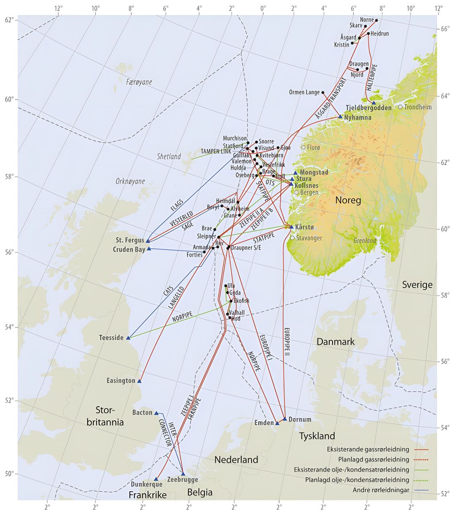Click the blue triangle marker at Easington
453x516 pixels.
[x=139, y=381]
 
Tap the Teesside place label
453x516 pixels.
[x=111, y=338]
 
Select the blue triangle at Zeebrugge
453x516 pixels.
[x=183, y=474]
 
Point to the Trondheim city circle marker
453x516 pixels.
[x=400, y=107]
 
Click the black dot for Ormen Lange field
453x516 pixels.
[x=323, y=92]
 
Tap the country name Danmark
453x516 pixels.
[x=335, y=342]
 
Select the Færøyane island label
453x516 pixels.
[x=139, y=82]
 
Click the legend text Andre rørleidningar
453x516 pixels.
[x=381, y=490]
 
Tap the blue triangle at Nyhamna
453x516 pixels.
[x=340, y=117]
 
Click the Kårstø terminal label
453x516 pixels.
[x=304, y=227]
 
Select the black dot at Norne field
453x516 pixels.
[x=376, y=20]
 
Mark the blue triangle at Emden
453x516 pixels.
[x=277, y=424]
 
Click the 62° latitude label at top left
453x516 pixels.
[x=9, y=20]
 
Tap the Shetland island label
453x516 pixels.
[x=169, y=157]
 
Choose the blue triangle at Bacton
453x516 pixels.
[x=156, y=413]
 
